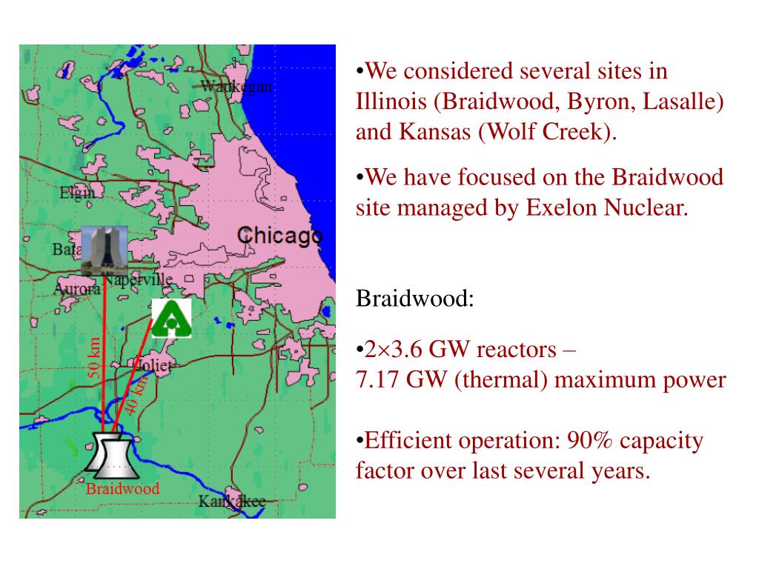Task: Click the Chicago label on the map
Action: click(279, 236)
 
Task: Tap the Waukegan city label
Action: click(236, 87)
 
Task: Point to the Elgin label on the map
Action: click(77, 193)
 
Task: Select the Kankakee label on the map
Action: click(231, 502)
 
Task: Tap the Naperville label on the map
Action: click(139, 280)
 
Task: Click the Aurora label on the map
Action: click(76, 289)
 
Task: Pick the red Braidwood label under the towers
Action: click(122, 489)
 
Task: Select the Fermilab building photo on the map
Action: click(104, 250)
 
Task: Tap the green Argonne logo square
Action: click(171, 319)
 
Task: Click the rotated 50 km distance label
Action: click(95, 358)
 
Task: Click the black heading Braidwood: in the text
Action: click(414, 300)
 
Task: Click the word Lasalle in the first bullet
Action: click(683, 102)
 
